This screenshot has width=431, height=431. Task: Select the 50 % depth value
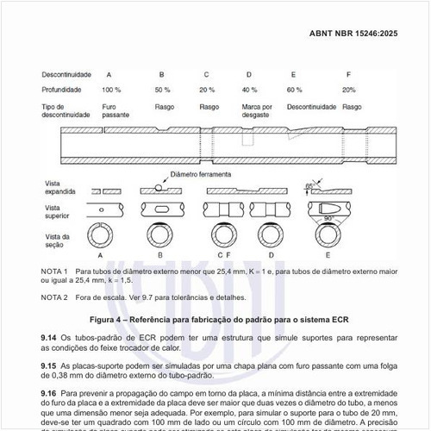[x=163, y=90]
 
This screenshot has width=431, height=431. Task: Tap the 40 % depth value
[x=250, y=90]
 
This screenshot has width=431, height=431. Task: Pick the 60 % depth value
[x=295, y=90]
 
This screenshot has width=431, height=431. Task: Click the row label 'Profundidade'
[x=61, y=90]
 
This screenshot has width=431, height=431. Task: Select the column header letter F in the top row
[x=348, y=74]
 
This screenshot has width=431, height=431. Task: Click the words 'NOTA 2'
[x=54, y=297]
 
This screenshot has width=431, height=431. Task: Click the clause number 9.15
[x=48, y=365]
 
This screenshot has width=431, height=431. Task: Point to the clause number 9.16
[x=48, y=393]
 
